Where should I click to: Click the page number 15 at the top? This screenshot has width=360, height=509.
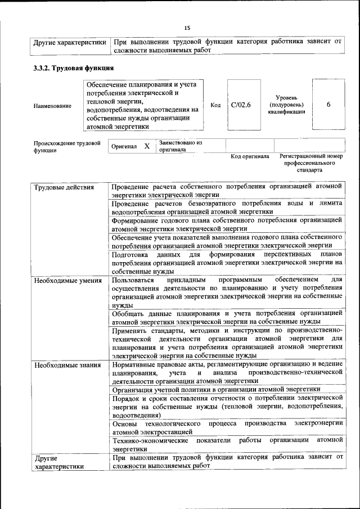(x=187, y=28)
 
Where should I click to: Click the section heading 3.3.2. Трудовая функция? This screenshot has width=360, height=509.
(x=73, y=68)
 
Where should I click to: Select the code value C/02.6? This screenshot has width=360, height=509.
(x=241, y=105)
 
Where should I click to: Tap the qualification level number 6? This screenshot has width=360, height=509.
(x=328, y=105)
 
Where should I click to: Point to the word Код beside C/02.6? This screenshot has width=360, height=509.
(x=215, y=105)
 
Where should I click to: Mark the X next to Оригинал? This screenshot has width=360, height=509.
(x=147, y=146)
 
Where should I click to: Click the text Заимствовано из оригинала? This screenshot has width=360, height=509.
(x=180, y=146)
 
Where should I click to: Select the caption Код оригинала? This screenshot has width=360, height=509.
(x=250, y=156)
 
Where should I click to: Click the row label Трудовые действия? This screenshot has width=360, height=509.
(x=64, y=187)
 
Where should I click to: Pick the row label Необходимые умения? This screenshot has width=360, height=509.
(x=67, y=280)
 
